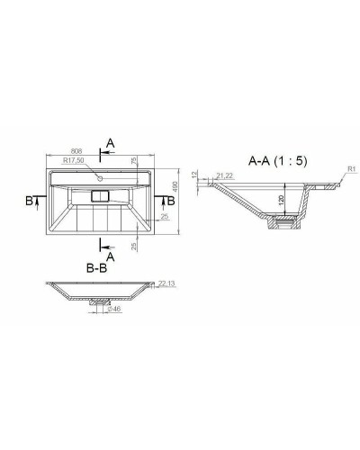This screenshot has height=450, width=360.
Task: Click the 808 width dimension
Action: (79, 152)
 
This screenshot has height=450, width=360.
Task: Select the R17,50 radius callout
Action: (74, 161)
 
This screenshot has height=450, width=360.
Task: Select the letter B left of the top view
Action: (31, 202)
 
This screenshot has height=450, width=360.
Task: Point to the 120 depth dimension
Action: (282, 198)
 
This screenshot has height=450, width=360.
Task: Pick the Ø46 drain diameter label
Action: (114, 310)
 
